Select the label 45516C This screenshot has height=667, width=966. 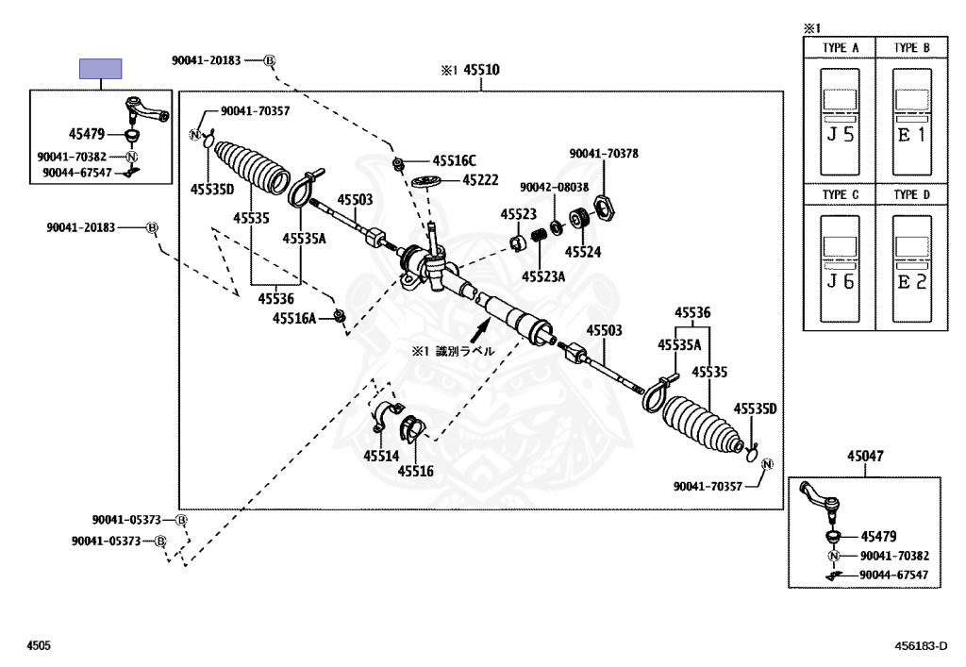pos(455,161)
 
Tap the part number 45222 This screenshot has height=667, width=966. pos(480,180)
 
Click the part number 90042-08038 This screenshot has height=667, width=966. pos(555,187)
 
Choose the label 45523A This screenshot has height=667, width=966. pos(543,275)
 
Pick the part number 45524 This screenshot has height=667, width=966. pos(582,252)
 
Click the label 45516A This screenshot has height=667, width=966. pos(294,319)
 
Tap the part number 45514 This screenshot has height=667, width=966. pos(381,456)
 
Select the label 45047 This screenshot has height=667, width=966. pos(865,456)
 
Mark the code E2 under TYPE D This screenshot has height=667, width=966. pos(911,281)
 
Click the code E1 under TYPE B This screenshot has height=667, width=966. pos(911,135)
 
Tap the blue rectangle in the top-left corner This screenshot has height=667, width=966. pos(100,69)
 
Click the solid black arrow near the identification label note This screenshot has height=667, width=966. pos(480,331)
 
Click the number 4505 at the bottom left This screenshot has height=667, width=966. pos(39,646)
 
